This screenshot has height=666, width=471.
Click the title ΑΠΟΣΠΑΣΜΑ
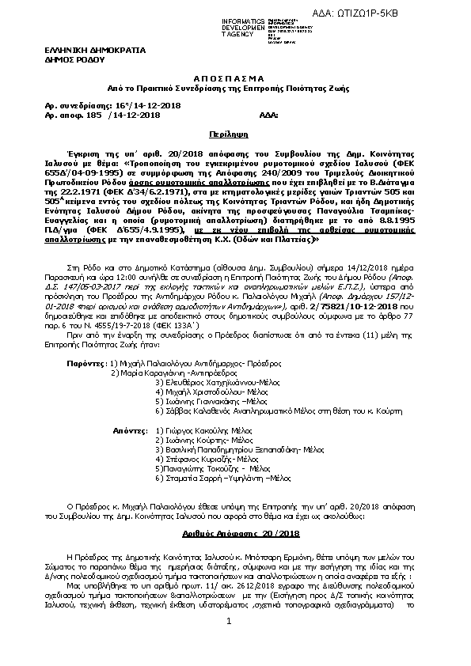click(x=234, y=81)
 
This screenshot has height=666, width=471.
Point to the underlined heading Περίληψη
click(x=234, y=135)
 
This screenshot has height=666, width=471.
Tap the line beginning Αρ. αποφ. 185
click(x=105, y=115)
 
